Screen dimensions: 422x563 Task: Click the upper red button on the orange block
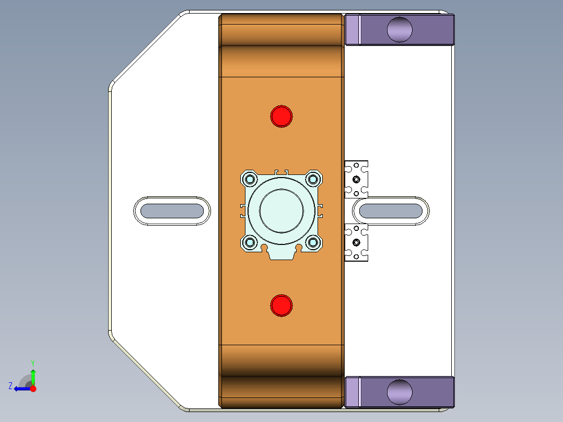282,116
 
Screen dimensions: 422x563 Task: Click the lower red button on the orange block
282,306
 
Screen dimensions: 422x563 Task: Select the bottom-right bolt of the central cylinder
313,242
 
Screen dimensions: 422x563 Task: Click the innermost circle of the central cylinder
282,211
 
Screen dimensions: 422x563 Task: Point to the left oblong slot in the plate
172,211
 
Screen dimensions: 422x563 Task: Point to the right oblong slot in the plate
391,211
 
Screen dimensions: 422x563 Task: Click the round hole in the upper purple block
400,29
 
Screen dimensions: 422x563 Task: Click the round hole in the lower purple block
400,392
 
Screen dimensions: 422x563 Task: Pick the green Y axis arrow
33,376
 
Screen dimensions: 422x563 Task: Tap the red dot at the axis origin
33,389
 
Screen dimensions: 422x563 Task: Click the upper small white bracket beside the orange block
357,179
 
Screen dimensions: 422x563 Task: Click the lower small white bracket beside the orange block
357,243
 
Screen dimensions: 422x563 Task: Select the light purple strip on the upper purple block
353,29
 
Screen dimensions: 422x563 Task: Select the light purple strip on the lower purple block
353,392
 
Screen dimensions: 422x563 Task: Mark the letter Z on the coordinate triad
10,386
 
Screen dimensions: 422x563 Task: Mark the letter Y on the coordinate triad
33,362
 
